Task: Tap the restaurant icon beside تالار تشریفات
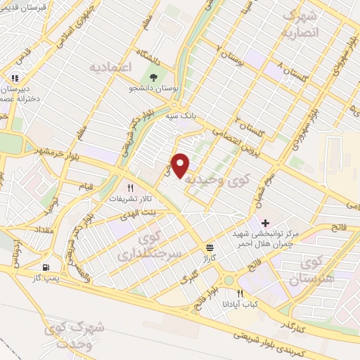tap(129, 188)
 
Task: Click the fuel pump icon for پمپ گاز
tap(46, 267)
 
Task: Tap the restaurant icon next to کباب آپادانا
tap(240, 294)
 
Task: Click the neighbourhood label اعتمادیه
tap(111, 67)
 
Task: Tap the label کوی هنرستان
tap(323, 271)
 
